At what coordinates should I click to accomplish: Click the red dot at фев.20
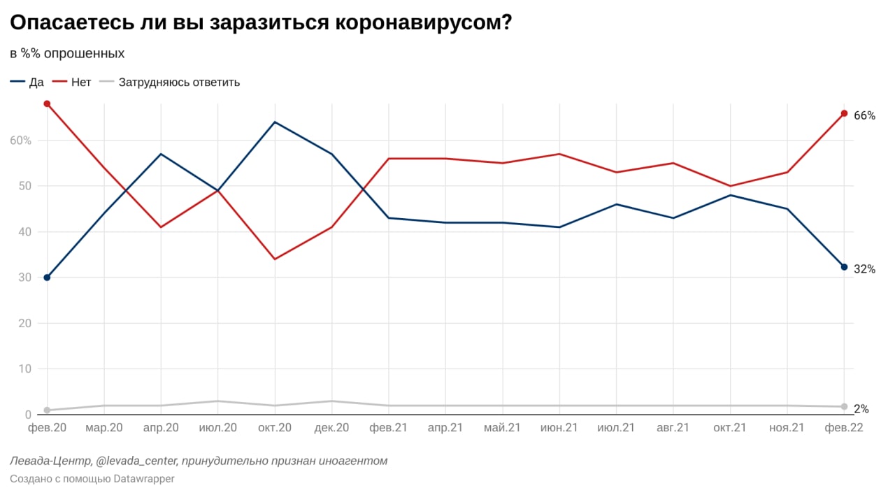point(47,103)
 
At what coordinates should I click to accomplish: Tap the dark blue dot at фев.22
point(844,267)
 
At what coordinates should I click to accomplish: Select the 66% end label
point(864,115)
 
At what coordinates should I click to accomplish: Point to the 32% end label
point(864,269)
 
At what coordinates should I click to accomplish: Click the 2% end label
point(861,408)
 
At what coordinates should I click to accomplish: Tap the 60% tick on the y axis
point(21,140)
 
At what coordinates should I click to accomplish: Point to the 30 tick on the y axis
point(24,278)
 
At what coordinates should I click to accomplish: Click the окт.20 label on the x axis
point(275,428)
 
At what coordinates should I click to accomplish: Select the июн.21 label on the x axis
point(559,428)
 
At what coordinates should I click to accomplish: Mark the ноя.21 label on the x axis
point(787,428)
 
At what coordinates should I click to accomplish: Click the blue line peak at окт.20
point(275,122)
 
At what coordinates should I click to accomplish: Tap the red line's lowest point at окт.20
point(275,259)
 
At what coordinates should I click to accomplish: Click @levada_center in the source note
point(137,461)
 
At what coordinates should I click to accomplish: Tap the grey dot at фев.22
point(844,406)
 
